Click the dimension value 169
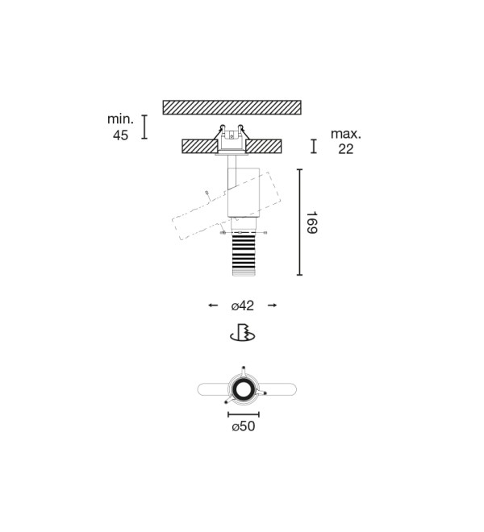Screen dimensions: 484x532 tap(312, 222)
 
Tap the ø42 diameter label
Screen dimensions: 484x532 tap(243, 305)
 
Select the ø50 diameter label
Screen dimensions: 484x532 tap(243, 426)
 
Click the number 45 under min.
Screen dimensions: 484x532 tap(120, 135)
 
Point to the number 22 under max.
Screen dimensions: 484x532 tap(346, 149)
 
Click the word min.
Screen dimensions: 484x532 tap(120, 119)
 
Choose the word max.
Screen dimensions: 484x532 tap(346, 134)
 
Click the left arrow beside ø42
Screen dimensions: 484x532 tap(213, 305)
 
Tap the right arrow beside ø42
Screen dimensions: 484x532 tap(273, 305)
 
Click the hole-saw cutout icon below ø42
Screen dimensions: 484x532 tap(243, 332)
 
